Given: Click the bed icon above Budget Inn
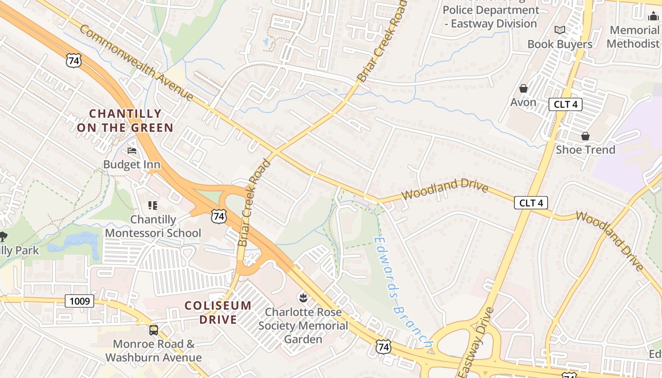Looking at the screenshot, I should (x=132, y=151).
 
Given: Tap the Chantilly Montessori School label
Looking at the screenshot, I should (x=153, y=226).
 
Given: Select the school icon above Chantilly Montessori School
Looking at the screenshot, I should (x=153, y=206).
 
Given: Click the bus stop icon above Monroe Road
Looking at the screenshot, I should (x=154, y=330).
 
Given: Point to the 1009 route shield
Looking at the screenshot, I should (x=79, y=301).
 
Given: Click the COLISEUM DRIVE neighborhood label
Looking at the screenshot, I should (x=218, y=312).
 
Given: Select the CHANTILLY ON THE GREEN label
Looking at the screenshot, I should (x=125, y=120).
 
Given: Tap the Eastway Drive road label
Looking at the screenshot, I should (x=476, y=343).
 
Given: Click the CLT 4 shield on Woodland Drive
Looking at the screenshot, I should (x=531, y=203).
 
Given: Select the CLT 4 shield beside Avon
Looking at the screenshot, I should (x=565, y=104).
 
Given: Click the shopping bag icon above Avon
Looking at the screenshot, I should (x=523, y=88).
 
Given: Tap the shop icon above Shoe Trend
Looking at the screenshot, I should (x=585, y=136).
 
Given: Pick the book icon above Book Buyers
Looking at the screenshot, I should (x=560, y=30).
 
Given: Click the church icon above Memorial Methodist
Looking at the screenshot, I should (x=653, y=17).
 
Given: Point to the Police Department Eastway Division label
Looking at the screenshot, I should (x=491, y=17).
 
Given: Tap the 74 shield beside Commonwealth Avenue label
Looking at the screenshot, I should (x=74, y=60).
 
